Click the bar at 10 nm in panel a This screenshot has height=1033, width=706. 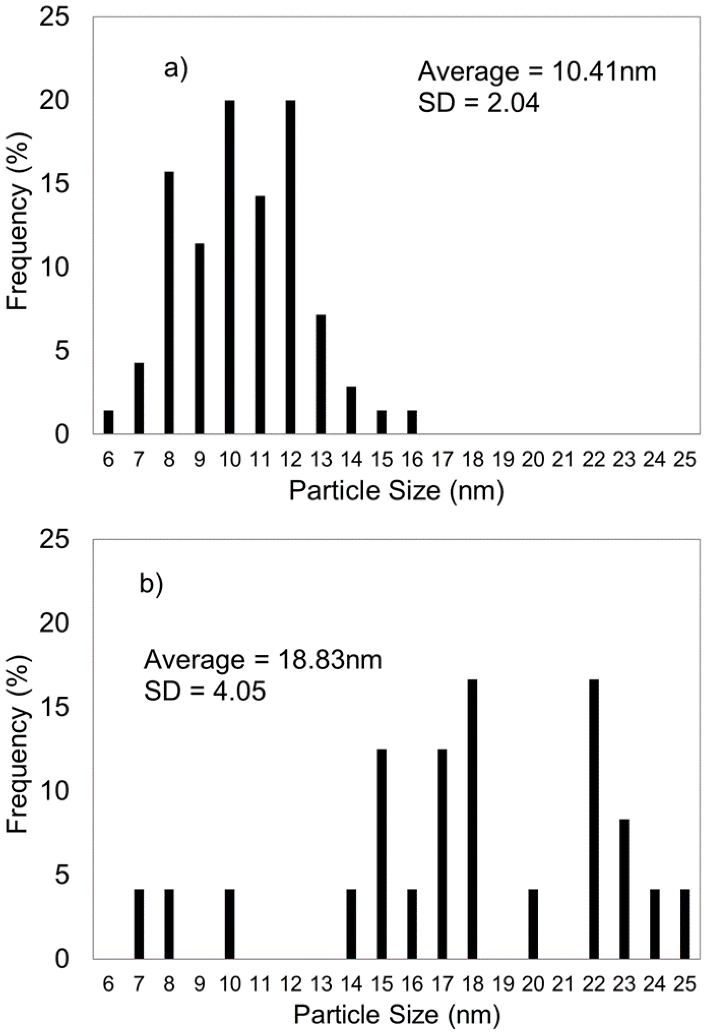[x=229, y=267]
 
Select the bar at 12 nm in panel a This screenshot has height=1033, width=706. [x=290, y=267]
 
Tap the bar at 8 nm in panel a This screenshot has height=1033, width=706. [x=169, y=302]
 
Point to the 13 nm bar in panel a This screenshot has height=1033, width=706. [x=321, y=374]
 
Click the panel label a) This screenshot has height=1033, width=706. [x=176, y=70]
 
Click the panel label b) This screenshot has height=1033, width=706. [x=151, y=584]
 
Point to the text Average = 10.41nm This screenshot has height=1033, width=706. [x=537, y=72]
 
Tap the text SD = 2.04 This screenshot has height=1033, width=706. [x=478, y=104]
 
